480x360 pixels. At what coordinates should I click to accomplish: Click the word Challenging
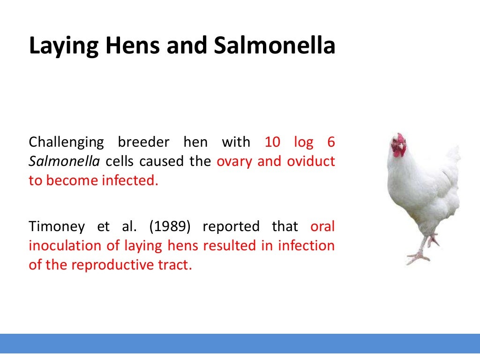pyautogui.click(x=66, y=142)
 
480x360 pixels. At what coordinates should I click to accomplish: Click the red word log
pyautogui.click(x=303, y=142)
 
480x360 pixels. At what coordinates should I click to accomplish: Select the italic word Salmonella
pyautogui.click(x=64, y=162)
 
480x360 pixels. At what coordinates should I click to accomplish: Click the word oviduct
pyautogui.click(x=311, y=162)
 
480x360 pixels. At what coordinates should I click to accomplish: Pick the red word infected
pyautogui.click(x=129, y=181)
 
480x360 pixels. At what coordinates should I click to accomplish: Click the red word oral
pyautogui.click(x=322, y=227)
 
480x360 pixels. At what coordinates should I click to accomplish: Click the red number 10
pyautogui.click(x=273, y=142)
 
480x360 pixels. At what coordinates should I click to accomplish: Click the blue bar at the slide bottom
pyautogui.click(x=240, y=344)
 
